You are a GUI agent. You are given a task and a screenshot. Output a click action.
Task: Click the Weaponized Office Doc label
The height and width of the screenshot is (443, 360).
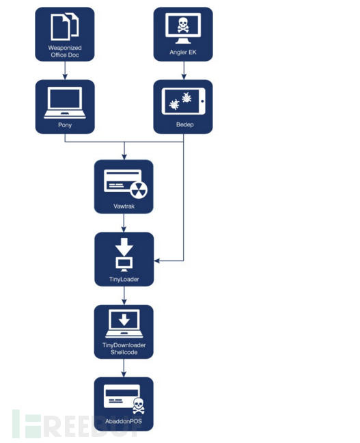tap(65, 51)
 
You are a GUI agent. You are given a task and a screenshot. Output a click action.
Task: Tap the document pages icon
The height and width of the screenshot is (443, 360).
tap(65, 27)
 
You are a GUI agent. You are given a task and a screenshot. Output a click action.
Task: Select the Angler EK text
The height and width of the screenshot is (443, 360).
tap(182, 52)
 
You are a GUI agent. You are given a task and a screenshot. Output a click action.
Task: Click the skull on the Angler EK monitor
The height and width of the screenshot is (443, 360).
tap(183, 25)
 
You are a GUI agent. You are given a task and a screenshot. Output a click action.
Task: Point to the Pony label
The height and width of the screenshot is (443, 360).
tap(65, 125)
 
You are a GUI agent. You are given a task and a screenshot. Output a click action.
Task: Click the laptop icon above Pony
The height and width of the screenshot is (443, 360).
tap(65, 103)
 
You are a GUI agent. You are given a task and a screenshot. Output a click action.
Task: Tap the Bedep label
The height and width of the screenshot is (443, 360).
tap(184, 124)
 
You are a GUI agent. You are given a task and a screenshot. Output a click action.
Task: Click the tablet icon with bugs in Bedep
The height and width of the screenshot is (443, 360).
tap(183, 101)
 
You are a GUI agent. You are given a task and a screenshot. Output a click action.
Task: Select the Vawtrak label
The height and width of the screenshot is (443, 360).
tap(124, 206)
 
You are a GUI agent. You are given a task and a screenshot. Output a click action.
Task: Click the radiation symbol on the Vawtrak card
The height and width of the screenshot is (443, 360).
tap(139, 189)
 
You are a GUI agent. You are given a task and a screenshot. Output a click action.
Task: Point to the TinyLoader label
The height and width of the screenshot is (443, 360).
tap(124, 280)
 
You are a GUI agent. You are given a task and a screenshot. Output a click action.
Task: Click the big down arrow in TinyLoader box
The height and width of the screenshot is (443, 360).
tap(124, 247)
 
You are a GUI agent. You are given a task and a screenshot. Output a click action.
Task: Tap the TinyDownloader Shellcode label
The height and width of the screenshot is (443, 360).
tap(124, 349)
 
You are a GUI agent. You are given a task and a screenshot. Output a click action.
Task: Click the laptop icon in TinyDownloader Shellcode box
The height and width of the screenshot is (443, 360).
tap(124, 324)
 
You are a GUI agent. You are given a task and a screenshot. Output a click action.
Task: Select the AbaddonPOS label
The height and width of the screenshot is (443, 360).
tap(124, 422)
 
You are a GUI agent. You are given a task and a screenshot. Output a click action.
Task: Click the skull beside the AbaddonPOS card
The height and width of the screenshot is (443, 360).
tap(139, 406)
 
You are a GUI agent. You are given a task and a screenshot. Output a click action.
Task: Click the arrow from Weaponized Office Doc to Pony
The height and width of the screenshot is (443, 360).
tap(65, 70)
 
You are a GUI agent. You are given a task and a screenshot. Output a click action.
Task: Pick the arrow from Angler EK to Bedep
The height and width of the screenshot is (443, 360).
tap(184, 70)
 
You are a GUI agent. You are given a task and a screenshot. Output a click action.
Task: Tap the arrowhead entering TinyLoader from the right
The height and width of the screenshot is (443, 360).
tap(156, 260)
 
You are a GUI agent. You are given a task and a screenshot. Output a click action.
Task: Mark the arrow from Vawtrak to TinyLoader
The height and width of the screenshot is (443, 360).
tap(124, 223)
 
